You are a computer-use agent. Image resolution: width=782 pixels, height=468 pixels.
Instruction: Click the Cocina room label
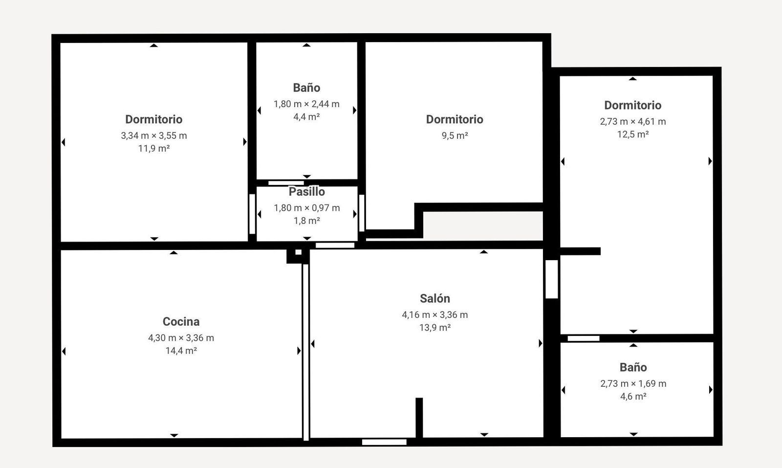coord(181,322)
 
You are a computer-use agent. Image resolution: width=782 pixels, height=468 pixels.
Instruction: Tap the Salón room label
coord(434,299)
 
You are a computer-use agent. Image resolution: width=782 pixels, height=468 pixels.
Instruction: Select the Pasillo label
coord(306,192)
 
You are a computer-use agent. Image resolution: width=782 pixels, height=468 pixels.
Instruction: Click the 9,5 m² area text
coord(455,135)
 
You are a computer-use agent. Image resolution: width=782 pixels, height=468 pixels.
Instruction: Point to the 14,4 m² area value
coord(181,351)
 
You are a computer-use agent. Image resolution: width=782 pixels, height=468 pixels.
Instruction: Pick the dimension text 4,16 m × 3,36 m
coord(434,314)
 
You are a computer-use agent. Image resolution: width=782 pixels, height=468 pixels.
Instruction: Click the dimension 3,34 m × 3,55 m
coord(153,135)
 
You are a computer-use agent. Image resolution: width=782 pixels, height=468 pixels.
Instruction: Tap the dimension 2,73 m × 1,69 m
coord(633,383)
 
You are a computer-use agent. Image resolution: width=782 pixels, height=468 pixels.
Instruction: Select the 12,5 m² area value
coord(632,134)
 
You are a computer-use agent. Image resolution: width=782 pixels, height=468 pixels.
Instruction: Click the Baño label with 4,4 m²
coord(306,88)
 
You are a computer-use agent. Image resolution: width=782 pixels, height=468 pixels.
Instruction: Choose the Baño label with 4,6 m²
coord(633,367)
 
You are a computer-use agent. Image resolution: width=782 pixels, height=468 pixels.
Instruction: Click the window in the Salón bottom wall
coord(384,442)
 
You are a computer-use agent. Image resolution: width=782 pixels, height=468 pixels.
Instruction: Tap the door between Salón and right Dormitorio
coord(552,279)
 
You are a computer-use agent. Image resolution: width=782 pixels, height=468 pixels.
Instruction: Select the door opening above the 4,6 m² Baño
coord(584,338)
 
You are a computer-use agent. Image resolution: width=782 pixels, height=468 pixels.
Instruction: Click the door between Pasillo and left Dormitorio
coord(252,214)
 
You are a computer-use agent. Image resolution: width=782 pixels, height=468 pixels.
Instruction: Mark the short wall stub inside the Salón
coord(419,417)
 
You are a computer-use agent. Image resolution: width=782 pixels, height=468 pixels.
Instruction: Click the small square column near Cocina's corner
coord(298,255)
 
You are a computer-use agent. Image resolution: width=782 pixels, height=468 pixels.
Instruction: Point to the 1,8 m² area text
coord(306,221)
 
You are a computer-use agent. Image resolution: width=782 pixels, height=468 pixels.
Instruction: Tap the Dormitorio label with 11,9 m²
coord(153,119)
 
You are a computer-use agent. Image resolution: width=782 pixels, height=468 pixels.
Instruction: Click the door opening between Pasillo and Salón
coord(335,245)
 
